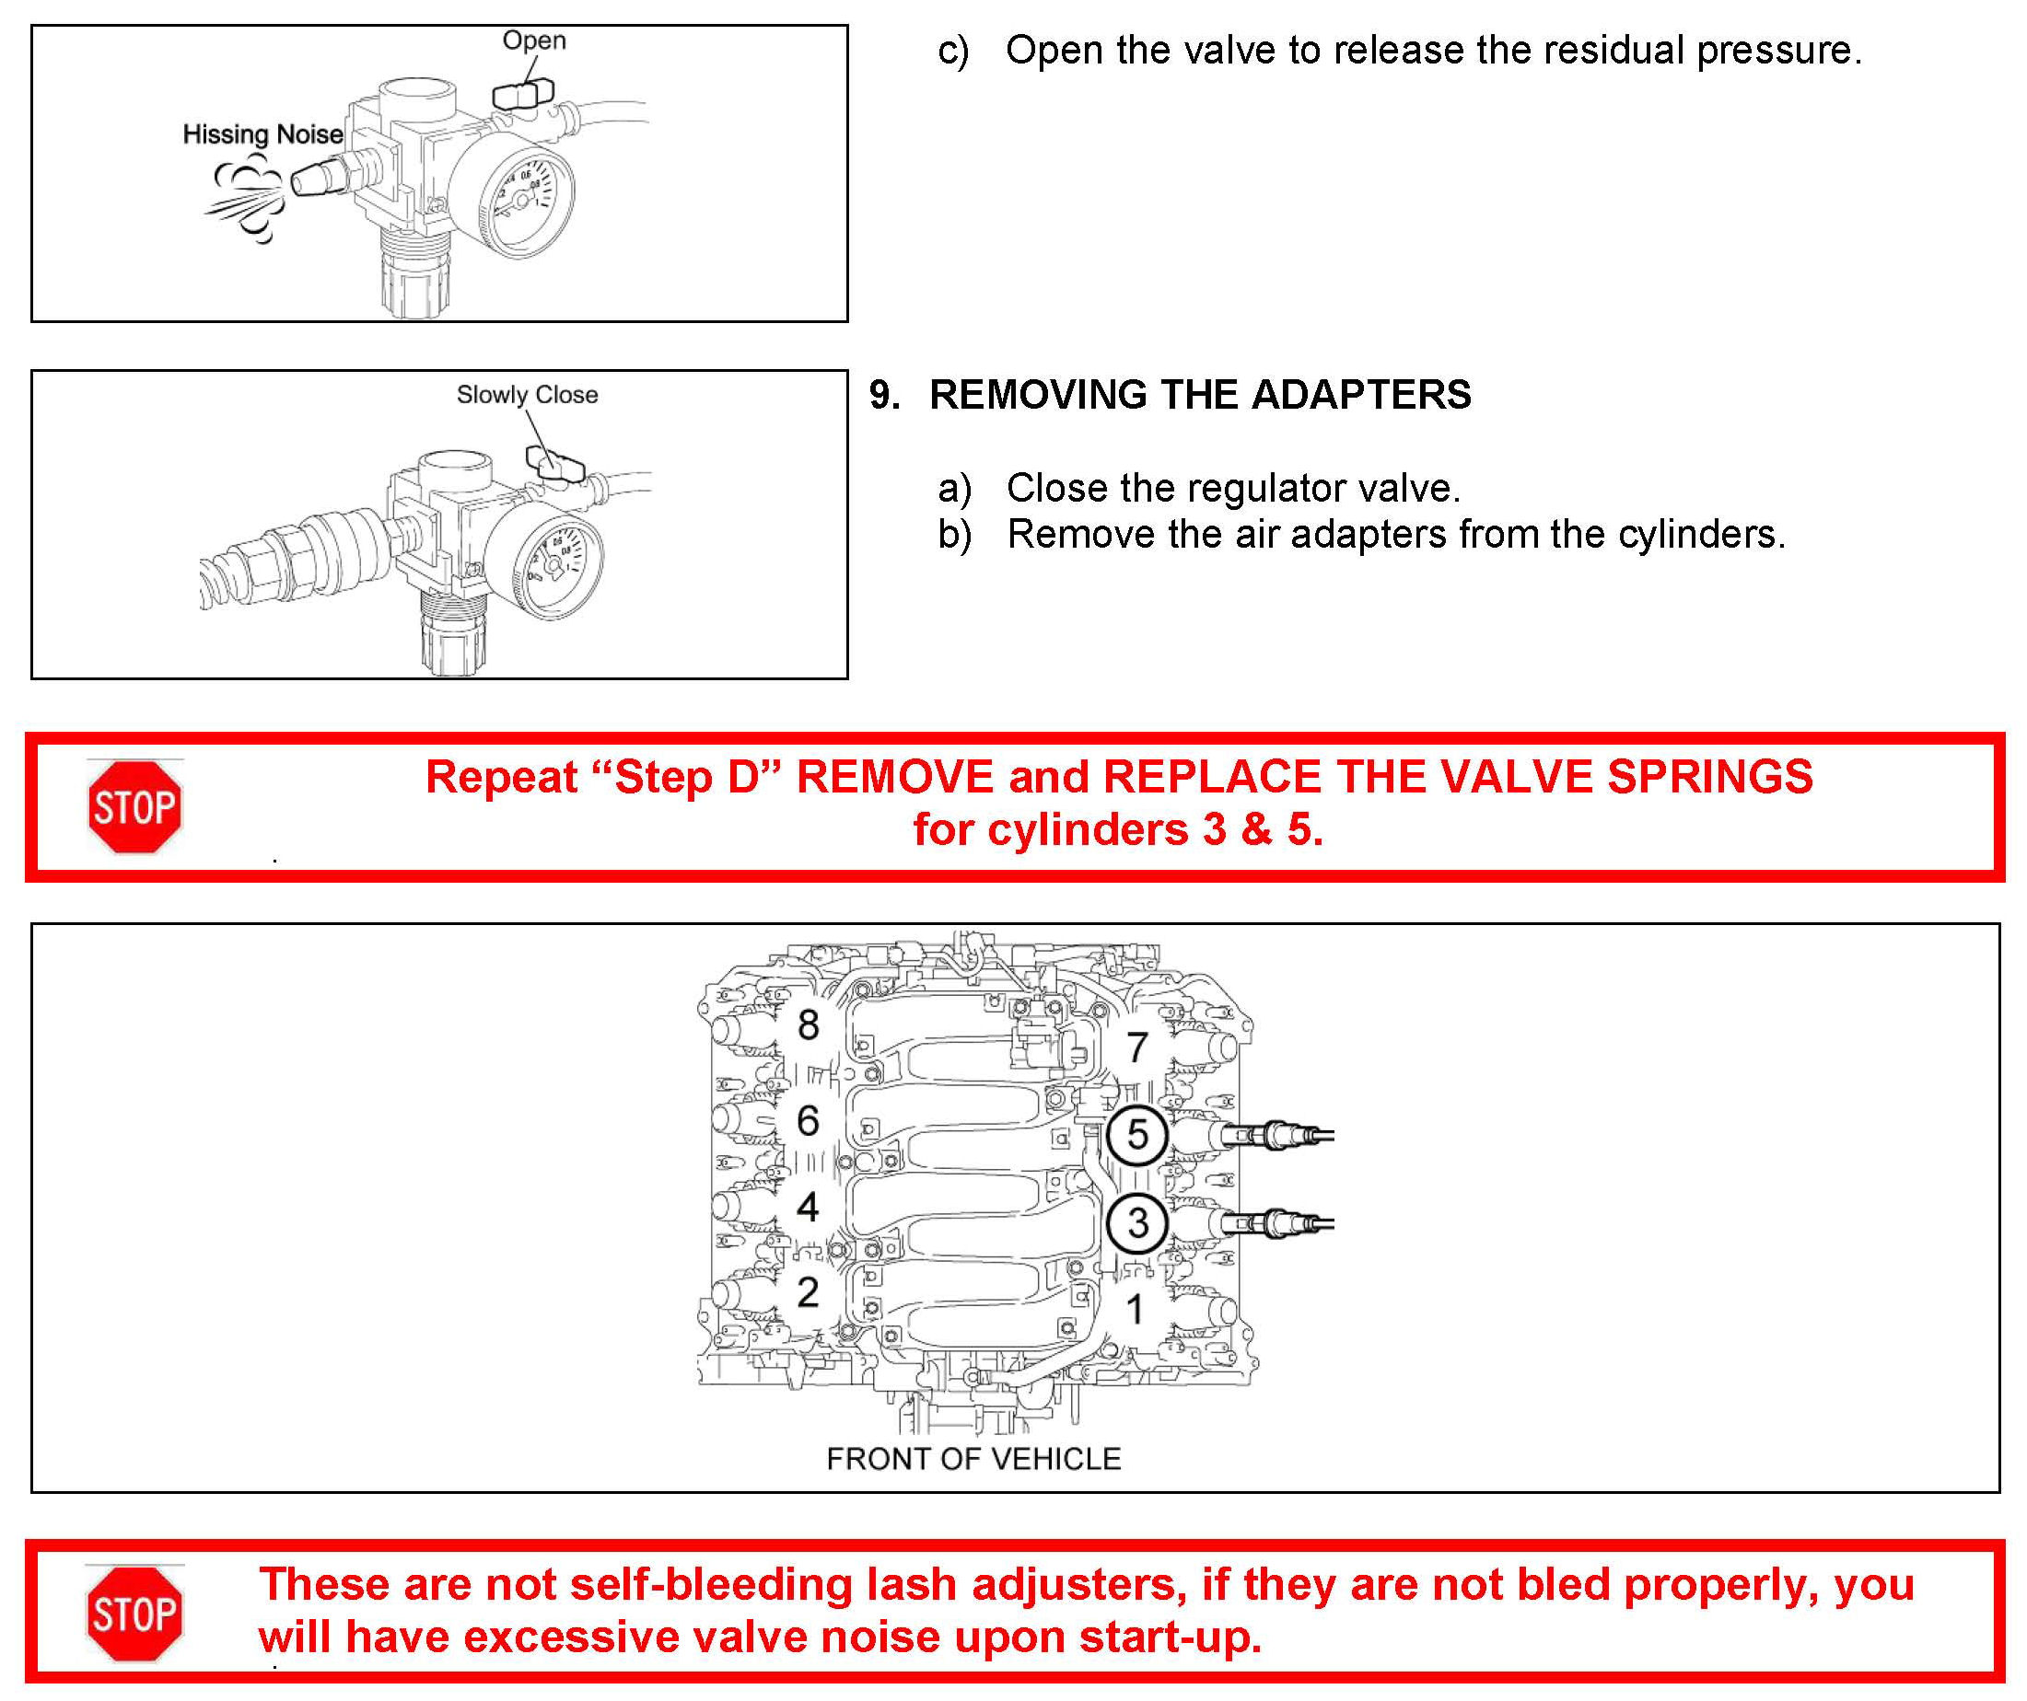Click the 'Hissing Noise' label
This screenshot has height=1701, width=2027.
point(262,134)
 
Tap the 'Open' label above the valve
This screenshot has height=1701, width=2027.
point(534,40)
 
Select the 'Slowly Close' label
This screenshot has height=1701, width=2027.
point(527,395)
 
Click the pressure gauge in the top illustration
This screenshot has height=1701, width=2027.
point(514,196)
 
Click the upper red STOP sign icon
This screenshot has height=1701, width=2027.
point(135,806)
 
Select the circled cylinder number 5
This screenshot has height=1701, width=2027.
point(1138,1135)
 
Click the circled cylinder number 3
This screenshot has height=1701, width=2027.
point(1138,1223)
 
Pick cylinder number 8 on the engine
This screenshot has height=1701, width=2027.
point(809,1024)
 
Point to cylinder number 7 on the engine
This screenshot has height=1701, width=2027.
point(1138,1047)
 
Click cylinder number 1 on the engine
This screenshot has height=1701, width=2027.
point(1136,1309)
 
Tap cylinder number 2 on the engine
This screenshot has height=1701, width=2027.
point(809,1293)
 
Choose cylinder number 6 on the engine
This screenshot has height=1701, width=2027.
point(809,1121)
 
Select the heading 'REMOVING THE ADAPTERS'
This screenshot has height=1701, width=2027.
point(1200,395)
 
